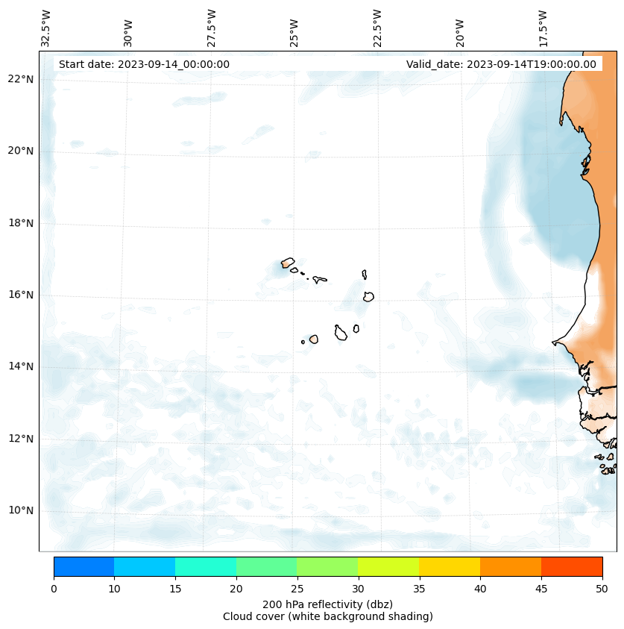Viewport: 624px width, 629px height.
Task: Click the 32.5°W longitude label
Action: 46,28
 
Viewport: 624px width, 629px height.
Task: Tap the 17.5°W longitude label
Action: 543,28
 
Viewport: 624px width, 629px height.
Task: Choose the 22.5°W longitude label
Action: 377,28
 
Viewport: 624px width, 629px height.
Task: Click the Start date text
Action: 144,64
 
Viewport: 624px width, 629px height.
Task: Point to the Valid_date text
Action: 501,64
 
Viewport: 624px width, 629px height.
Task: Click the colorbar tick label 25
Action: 297,589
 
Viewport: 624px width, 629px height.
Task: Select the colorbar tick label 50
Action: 602,589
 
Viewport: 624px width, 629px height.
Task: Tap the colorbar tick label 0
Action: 54,589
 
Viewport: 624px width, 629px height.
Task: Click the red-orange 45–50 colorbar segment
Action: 571,566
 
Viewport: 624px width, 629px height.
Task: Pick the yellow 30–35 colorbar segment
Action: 388,566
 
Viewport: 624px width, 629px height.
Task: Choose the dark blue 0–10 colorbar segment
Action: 84,566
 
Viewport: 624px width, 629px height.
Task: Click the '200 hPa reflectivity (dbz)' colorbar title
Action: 327,604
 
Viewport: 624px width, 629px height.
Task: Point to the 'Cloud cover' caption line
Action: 327,616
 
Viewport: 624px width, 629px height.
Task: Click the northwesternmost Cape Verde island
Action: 288,263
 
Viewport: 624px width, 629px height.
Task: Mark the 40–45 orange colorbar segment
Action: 510,566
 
